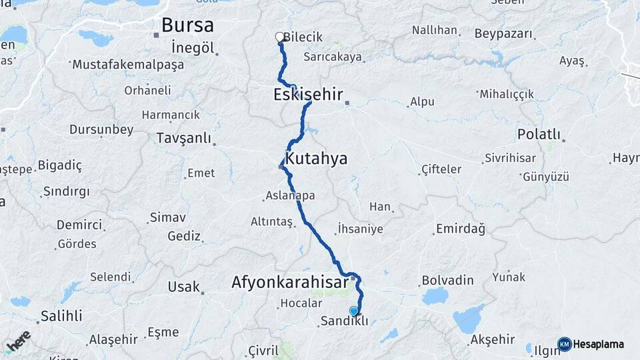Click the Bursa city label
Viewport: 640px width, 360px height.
click(x=187, y=26)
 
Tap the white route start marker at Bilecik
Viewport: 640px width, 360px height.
click(x=280, y=37)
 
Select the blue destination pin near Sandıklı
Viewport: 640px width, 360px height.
click(x=354, y=310)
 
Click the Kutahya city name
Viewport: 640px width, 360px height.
click(x=317, y=159)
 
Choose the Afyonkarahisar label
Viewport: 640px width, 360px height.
click(x=289, y=283)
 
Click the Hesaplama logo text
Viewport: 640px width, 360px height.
click(x=599, y=345)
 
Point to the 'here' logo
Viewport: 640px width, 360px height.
click(x=18, y=342)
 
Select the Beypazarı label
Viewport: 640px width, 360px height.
click(x=505, y=33)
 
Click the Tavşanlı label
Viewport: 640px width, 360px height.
click(x=183, y=138)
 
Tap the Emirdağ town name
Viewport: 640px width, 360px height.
click(x=460, y=229)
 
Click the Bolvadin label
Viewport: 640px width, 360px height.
click(x=447, y=281)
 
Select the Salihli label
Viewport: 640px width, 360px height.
click(x=61, y=315)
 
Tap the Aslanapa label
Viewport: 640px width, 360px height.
click(x=290, y=195)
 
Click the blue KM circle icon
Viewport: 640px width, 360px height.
click(x=565, y=345)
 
